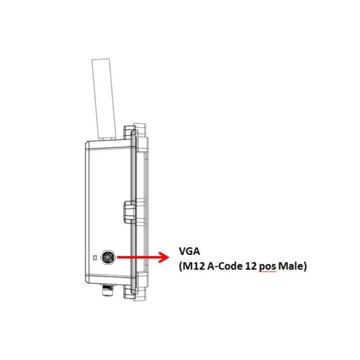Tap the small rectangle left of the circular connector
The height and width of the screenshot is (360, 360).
click(94, 257)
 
